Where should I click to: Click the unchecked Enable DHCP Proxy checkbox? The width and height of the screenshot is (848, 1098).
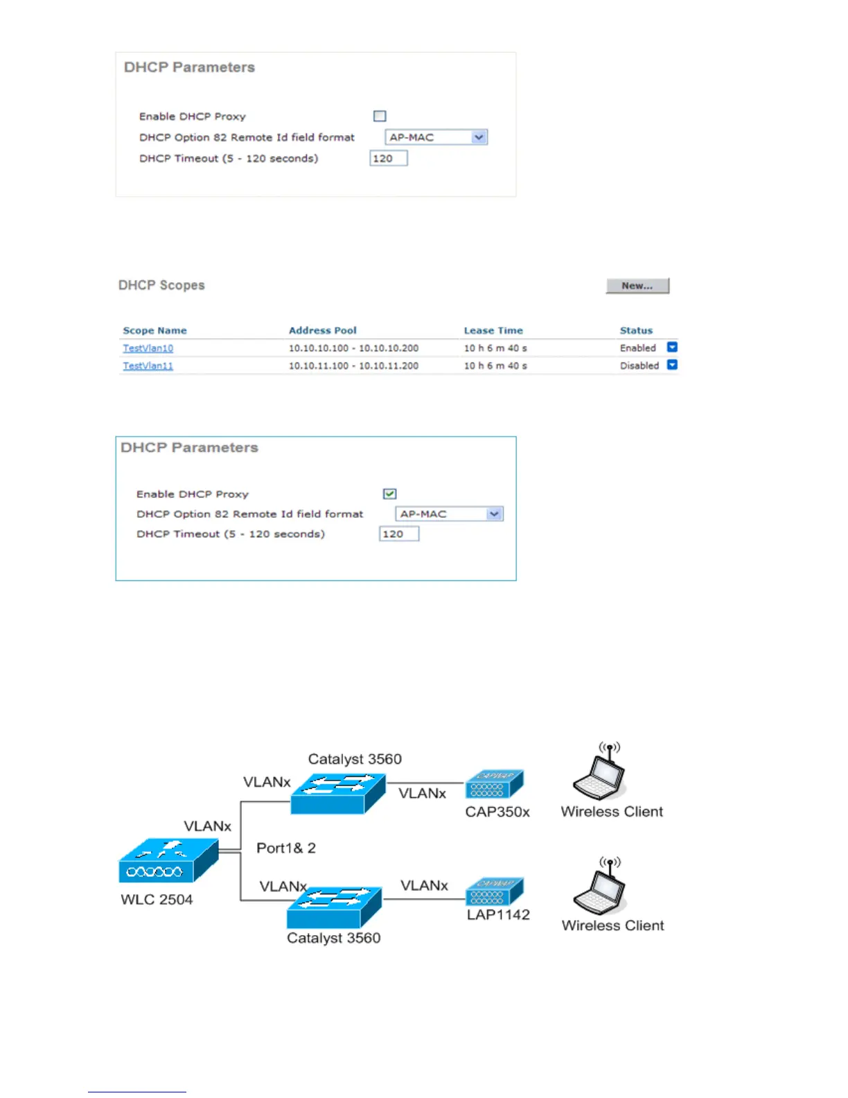click(x=380, y=116)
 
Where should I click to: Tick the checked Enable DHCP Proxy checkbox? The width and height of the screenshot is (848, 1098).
click(x=389, y=494)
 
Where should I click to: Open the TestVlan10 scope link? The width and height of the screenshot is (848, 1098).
click(x=148, y=348)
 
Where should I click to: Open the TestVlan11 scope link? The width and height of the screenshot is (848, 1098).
click(x=148, y=366)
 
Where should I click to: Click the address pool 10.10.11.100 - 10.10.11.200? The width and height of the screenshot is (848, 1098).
click(x=353, y=366)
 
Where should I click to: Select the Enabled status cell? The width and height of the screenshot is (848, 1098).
click(x=637, y=348)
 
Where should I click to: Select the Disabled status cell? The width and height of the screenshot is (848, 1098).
click(x=639, y=366)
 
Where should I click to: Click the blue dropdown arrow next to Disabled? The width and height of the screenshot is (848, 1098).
click(x=672, y=365)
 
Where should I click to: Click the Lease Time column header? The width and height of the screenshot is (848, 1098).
click(x=493, y=331)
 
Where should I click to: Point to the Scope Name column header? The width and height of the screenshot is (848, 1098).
click(x=154, y=331)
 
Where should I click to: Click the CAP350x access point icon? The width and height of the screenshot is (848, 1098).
click(x=494, y=784)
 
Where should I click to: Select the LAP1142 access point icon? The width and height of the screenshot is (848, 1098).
click(x=494, y=891)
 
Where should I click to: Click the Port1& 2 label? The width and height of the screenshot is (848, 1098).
click(x=285, y=848)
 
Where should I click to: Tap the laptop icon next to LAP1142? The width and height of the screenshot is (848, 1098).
click(x=599, y=889)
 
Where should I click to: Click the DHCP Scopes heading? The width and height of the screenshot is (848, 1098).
click(x=161, y=286)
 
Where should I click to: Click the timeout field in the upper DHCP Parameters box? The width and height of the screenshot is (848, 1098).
click(x=388, y=158)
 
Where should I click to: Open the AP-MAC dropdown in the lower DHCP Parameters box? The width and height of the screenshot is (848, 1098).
click(x=449, y=514)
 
